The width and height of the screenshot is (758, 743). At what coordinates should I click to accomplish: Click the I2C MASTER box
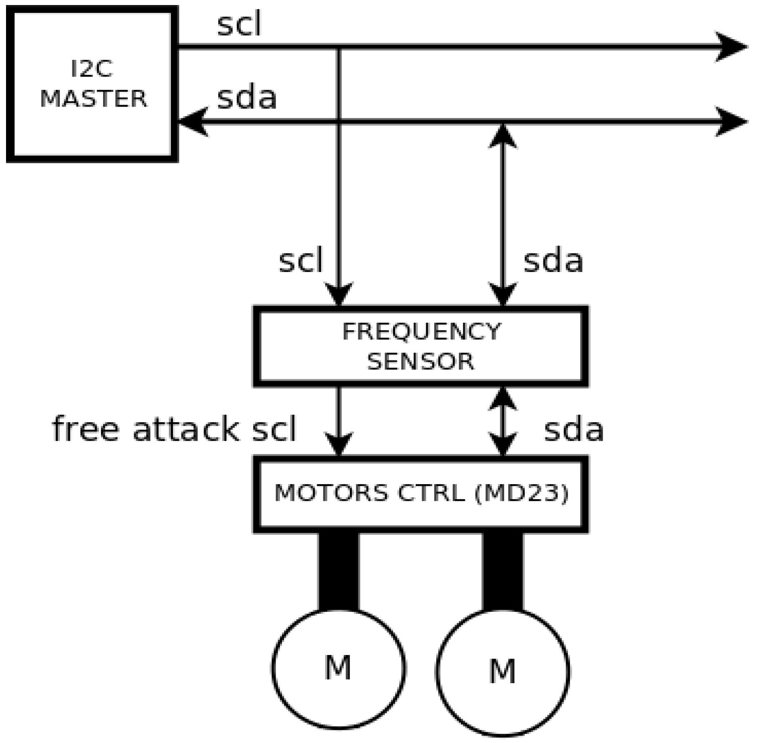[92, 84]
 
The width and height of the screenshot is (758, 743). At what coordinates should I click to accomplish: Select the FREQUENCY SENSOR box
[421, 346]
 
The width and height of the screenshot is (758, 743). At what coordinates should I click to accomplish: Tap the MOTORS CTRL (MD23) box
[421, 493]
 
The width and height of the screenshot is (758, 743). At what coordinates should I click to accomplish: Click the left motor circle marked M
[339, 668]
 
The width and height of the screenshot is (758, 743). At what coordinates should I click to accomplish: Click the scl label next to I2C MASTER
[239, 25]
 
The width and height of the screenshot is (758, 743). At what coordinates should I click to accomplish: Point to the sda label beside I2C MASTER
[247, 98]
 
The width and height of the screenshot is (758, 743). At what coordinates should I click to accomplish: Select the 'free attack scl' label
[174, 429]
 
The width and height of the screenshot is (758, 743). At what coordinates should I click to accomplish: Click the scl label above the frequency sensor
[301, 261]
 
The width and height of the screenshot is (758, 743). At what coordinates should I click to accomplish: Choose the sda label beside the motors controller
[574, 430]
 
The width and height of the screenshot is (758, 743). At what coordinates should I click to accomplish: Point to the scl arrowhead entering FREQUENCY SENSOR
[339, 295]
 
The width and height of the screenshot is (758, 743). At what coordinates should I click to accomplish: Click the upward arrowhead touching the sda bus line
[503, 136]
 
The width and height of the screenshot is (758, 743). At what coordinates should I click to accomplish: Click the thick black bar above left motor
[339, 571]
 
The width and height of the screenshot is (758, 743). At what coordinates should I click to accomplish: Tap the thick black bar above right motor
[503, 571]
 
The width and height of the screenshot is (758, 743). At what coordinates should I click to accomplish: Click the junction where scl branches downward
[339, 47]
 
